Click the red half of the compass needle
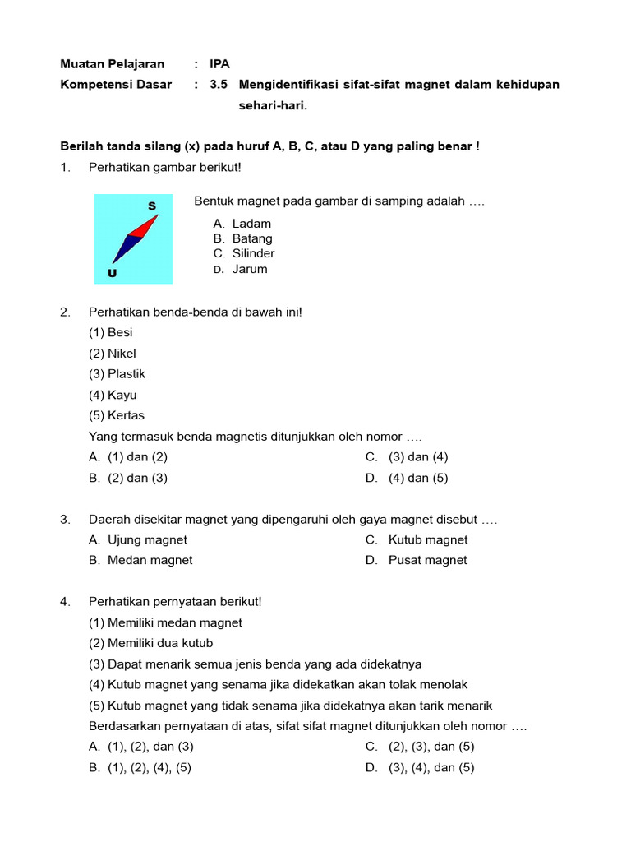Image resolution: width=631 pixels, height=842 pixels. pos(145,225)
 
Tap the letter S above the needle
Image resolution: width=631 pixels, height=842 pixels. pos(151,205)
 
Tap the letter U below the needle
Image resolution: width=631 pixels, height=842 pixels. pos(111,273)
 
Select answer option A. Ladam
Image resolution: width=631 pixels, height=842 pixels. pos(242,224)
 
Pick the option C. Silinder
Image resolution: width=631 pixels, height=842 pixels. pos(243,253)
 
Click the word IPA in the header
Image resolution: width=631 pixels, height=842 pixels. pos(219,64)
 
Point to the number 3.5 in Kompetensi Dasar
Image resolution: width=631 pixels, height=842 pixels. pos(218,85)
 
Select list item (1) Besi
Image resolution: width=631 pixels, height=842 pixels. pos(111,333)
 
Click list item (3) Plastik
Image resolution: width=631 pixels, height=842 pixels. pos(117,374)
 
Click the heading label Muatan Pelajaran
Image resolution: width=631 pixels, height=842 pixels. pos(113,64)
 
